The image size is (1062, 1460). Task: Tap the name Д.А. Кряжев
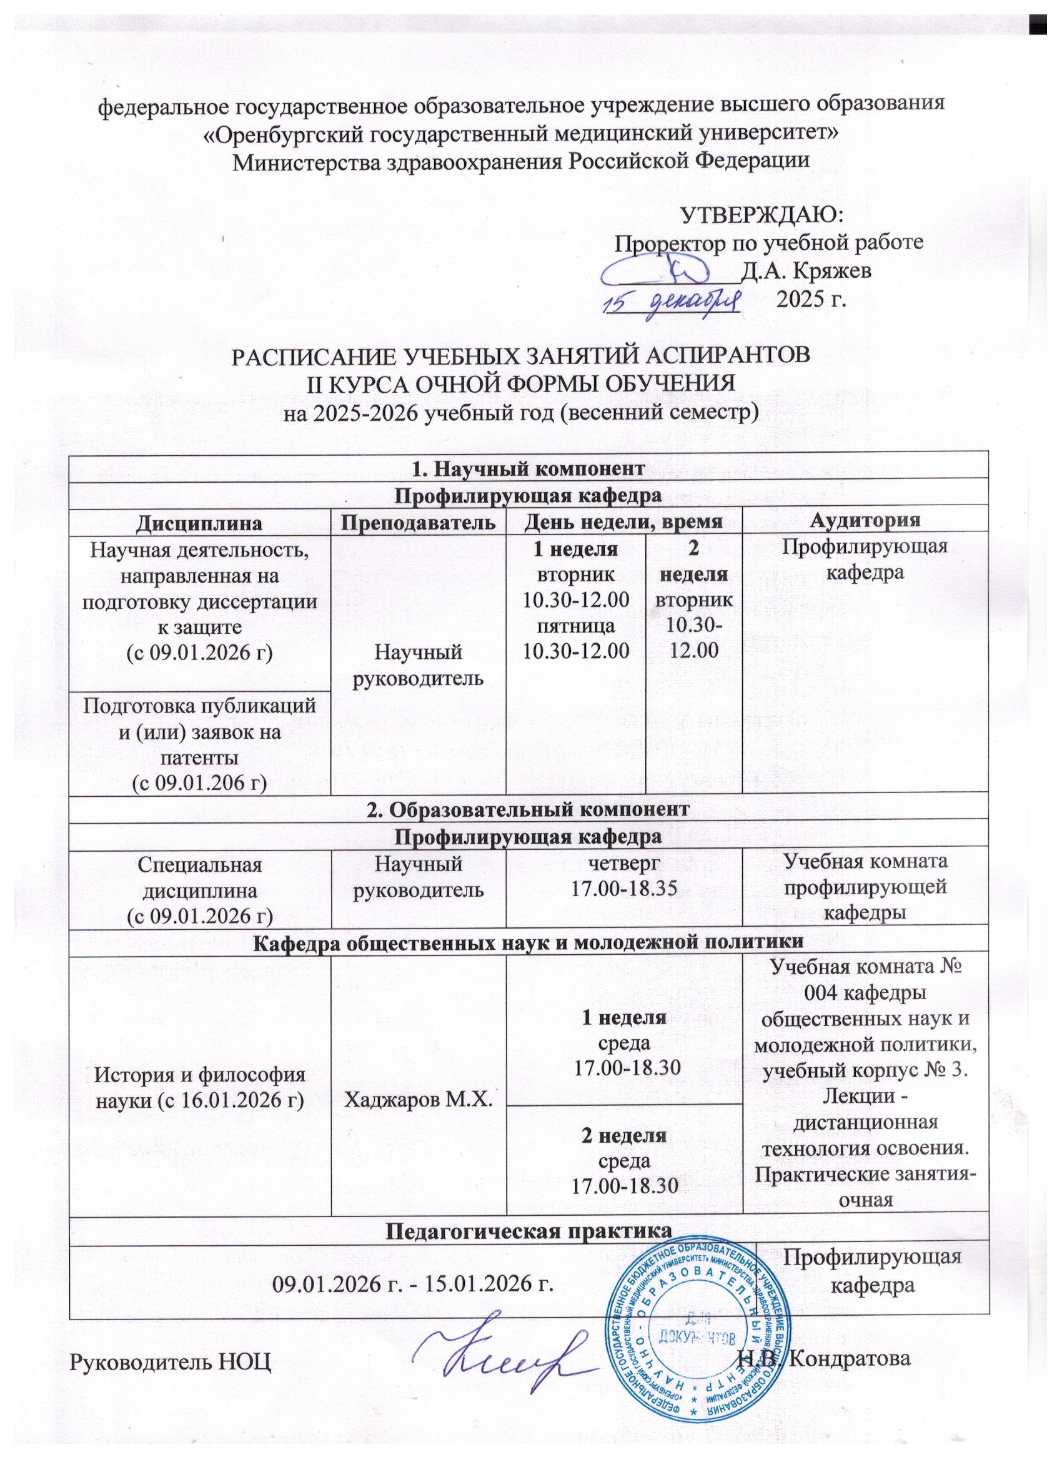(807, 271)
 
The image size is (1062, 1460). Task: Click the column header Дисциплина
(199, 520)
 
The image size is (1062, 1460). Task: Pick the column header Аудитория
(865, 520)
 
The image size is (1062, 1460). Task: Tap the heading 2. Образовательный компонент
(528, 807)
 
